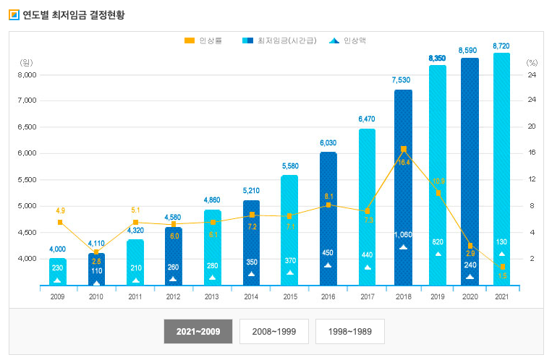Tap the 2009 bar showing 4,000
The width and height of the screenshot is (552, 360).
(58, 272)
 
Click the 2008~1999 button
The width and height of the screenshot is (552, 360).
(273, 331)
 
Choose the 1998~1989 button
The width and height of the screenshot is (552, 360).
(349, 331)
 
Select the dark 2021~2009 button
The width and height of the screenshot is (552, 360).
(198, 331)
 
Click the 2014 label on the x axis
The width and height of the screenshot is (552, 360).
(251, 296)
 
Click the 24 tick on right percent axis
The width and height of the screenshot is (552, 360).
(532, 74)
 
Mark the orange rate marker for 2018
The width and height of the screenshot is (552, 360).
(403, 149)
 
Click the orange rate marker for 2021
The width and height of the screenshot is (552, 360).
(502, 267)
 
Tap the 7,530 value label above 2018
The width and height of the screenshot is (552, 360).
(402, 80)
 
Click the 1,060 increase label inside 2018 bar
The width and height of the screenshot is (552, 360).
(403, 235)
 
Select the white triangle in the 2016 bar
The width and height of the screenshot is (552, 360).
(328, 265)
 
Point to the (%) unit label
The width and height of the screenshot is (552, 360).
(532, 63)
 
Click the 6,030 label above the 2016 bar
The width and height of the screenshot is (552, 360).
(328, 142)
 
